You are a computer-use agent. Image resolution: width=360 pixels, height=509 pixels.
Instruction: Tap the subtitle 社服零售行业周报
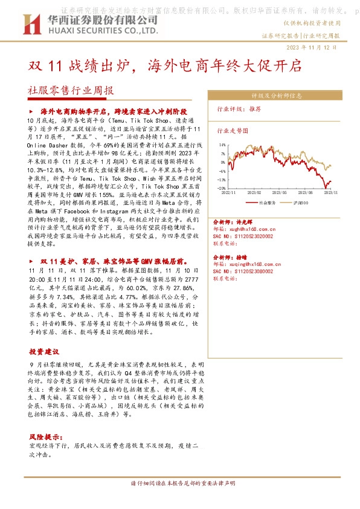[71, 91]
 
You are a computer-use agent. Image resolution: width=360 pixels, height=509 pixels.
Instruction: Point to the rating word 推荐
[254, 109]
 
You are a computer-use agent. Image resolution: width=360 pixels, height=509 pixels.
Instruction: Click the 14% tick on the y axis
[222, 145]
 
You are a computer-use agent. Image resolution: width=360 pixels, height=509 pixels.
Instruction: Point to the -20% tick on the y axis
[221, 189]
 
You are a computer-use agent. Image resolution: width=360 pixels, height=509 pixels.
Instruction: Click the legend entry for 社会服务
[267, 203]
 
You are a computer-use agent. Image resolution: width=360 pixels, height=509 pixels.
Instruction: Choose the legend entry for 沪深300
[301, 203]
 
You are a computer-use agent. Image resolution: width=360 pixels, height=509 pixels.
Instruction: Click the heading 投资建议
[44, 351]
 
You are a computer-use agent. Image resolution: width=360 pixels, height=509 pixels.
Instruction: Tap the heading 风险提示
[45, 436]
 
